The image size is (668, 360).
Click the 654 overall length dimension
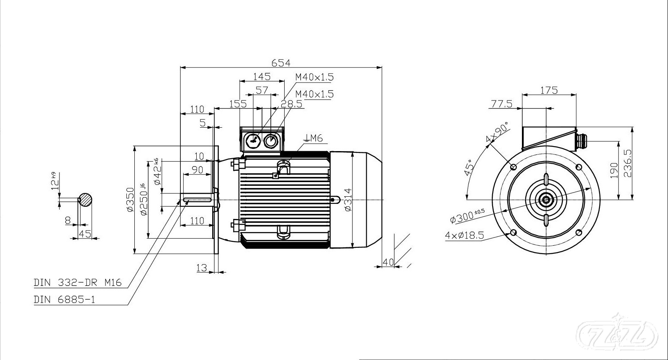pyautogui.click(x=280, y=63)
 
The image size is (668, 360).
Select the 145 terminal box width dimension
pyautogui.click(x=262, y=77)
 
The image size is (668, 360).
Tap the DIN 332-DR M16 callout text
pyautogui.click(x=78, y=283)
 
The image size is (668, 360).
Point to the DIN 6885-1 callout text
pyautogui.click(x=64, y=299)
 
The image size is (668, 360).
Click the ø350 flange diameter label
pyautogui.click(x=130, y=200)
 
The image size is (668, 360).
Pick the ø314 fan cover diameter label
pyautogui.click(x=348, y=200)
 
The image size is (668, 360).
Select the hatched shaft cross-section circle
pyautogui.click(x=85, y=199)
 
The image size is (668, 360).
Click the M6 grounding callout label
pyautogui.click(x=313, y=138)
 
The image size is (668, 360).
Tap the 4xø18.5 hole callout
pyautogui.click(x=464, y=236)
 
